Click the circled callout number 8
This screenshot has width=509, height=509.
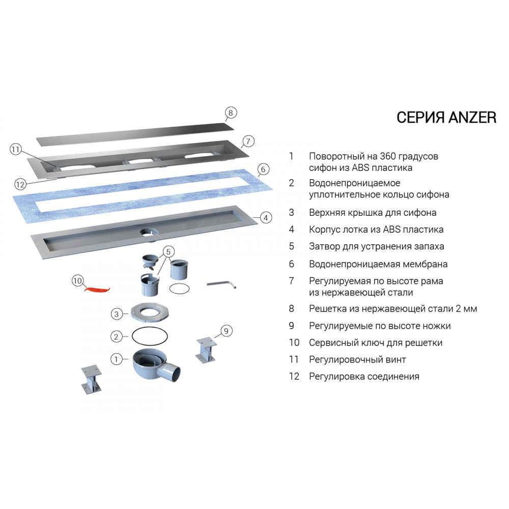(231, 113)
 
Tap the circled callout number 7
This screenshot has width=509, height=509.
(248, 141)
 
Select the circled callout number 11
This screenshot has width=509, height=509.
(15, 150)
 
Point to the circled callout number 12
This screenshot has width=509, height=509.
(20, 185)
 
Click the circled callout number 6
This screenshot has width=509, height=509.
(263, 169)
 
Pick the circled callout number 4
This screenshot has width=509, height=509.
(266, 217)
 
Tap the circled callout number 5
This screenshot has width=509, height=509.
(168, 251)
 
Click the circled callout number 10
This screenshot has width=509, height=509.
(77, 280)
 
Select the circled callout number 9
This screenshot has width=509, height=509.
(227, 331)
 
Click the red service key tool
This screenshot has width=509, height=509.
(97, 289)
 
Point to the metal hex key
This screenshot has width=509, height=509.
(221, 285)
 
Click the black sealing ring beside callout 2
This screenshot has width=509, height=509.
(150, 336)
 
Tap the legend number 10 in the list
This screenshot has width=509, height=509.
(294, 343)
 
